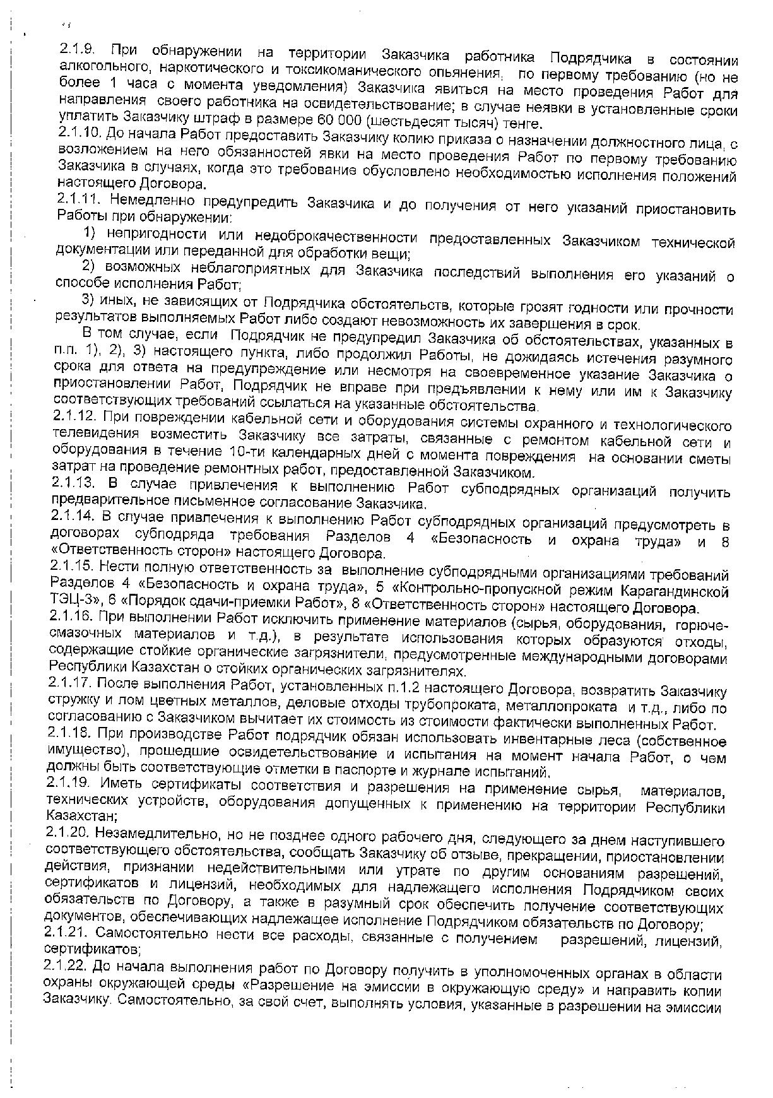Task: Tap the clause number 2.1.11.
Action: (79, 199)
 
